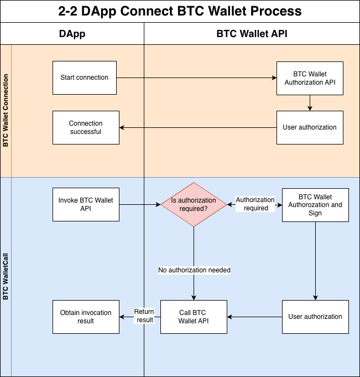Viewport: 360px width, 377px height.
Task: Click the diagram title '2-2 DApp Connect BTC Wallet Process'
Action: [x=180, y=11]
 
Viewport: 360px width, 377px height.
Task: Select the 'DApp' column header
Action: [x=72, y=34]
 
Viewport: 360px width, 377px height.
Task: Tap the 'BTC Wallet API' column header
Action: [x=252, y=34]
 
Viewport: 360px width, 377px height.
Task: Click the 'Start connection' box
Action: [x=85, y=78]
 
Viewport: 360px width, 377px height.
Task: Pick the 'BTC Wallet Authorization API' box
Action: [x=310, y=78]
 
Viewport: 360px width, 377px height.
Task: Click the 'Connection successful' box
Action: [x=85, y=127]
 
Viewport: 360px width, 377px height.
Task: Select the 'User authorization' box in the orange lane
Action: [x=310, y=127]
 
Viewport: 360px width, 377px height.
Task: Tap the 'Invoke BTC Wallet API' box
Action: [x=85, y=204]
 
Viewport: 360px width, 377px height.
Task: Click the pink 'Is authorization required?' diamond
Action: [x=194, y=204]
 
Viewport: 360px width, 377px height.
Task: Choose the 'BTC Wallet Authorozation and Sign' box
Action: [x=315, y=204]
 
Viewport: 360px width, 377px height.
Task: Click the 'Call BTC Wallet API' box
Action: [x=194, y=317]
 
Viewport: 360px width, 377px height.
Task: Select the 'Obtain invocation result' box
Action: [x=85, y=317]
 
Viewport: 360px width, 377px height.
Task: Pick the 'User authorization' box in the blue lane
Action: [x=315, y=317]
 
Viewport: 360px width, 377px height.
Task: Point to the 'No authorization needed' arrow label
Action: [x=194, y=270]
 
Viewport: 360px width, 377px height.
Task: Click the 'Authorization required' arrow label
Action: [x=255, y=204]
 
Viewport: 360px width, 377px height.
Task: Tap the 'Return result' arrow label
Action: [x=144, y=316]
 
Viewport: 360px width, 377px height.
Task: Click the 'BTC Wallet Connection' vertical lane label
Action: [x=6, y=111]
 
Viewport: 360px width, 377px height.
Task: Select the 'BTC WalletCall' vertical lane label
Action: [x=6, y=277]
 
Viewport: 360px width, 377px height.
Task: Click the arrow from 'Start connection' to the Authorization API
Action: [x=196, y=78]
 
